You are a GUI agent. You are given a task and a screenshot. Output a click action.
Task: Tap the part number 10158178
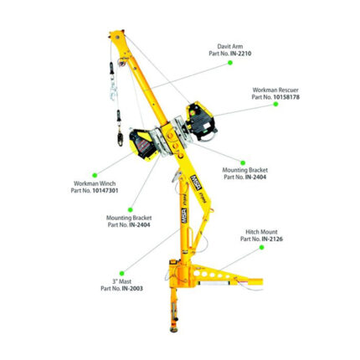point(281,96)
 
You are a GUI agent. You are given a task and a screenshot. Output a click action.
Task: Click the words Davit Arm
point(229,47)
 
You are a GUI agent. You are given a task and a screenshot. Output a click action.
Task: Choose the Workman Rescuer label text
point(275,90)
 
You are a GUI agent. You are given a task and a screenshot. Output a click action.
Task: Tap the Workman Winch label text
point(94,183)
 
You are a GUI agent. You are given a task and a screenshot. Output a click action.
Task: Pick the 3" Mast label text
point(121,281)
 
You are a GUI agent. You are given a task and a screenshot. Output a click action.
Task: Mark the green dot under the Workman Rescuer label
point(275,105)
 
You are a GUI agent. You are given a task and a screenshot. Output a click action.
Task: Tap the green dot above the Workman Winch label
point(95,174)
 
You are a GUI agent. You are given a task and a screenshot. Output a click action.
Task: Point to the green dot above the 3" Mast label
point(121,273)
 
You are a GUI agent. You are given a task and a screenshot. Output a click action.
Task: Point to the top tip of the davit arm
point(115,35)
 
